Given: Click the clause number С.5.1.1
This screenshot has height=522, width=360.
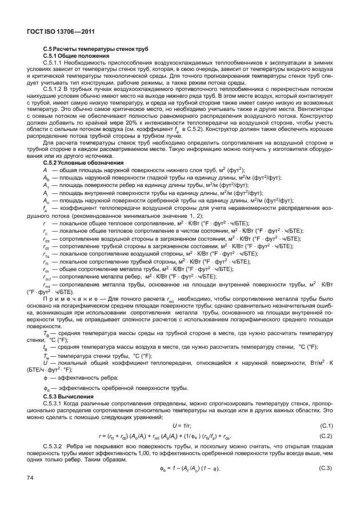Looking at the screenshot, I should click(x=57, y=62).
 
